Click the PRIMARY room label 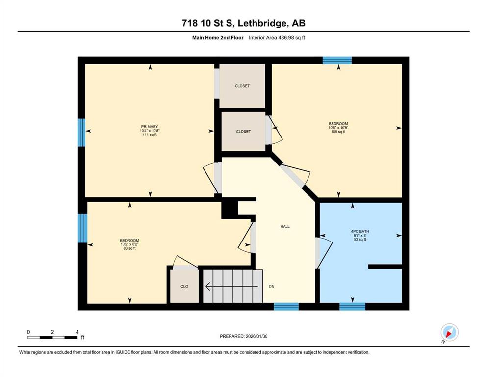(x=150, y=127)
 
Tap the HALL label (x=285, y=227)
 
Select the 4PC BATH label (x=360, y=232)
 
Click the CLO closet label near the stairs (x=184, y=286)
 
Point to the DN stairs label (x=271, y=287)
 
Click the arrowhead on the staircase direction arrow (x=207, y=286)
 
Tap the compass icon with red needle (x=449, y=332)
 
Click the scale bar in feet (x=52, y=337)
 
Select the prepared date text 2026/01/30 (x=256, y=336)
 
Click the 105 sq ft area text (x=338, y=132)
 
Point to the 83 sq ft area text (x=129, y=248)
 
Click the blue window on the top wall (x=337, y=60)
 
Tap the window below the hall (x=286, y=307)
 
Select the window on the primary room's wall (x=81, y=133)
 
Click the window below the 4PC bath (x=352, y=307)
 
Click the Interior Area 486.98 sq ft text (x=277, y=38)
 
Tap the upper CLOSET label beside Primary (x=242, y=86)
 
